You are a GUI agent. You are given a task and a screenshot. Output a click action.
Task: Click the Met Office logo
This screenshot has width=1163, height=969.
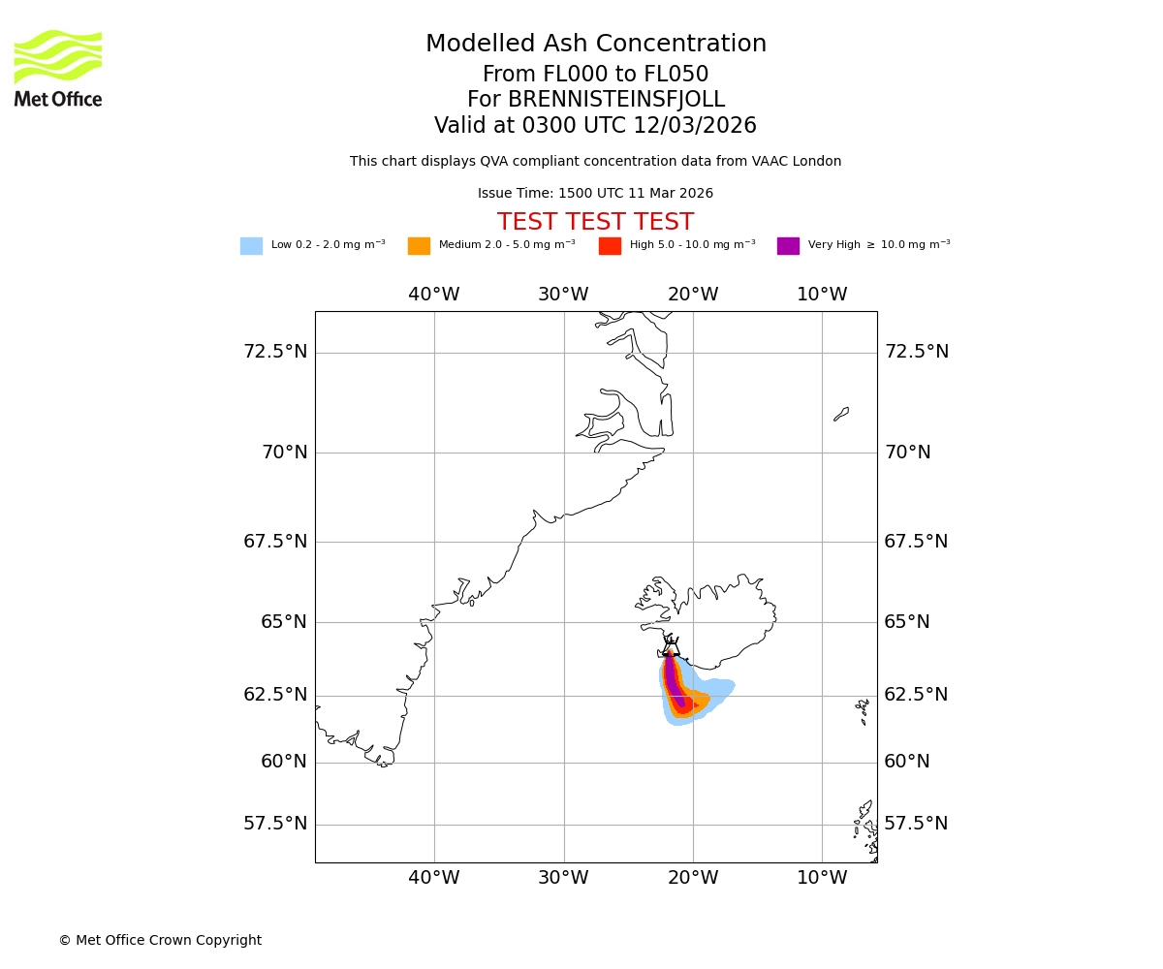click(58, 68)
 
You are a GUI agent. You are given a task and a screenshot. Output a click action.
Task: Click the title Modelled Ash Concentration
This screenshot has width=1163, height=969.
click(596, 45)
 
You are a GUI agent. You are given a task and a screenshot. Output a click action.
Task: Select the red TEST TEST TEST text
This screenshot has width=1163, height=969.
click(596, 223)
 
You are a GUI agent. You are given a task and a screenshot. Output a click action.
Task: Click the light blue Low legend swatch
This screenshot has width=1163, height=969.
click(251, 246)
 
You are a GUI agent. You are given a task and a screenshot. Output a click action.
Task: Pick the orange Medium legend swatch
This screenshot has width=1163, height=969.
click(419, 246)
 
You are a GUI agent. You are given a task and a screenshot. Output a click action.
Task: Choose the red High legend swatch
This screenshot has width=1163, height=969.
click(610, 246)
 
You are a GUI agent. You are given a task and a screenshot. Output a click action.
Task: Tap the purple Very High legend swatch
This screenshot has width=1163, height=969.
click(788, 246)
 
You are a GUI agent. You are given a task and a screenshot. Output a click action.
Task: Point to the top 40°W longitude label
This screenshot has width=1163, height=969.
click(433, 295)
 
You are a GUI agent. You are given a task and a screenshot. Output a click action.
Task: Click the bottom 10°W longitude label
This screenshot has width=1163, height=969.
click(822, 878)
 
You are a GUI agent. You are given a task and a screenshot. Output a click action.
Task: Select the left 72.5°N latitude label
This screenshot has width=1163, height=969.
click(275, 351)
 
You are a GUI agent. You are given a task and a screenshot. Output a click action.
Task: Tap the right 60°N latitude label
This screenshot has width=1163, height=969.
click(907, 762)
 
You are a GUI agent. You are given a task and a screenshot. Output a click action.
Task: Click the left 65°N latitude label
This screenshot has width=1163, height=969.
click(283, 622)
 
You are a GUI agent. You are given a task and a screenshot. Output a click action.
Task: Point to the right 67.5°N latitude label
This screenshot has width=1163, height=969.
click(916, 542)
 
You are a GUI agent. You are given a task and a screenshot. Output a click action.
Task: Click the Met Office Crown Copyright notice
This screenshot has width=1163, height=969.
click(160, 941)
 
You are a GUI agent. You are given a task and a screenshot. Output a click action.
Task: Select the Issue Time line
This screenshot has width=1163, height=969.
click(596, 194)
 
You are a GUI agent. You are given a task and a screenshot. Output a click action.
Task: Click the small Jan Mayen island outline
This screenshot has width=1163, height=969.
click(841, 414)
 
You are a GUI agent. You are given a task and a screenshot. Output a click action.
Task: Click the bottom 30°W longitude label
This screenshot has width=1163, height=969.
click(563, 878)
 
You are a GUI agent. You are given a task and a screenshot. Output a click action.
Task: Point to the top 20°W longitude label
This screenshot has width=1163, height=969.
click(693, 295)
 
